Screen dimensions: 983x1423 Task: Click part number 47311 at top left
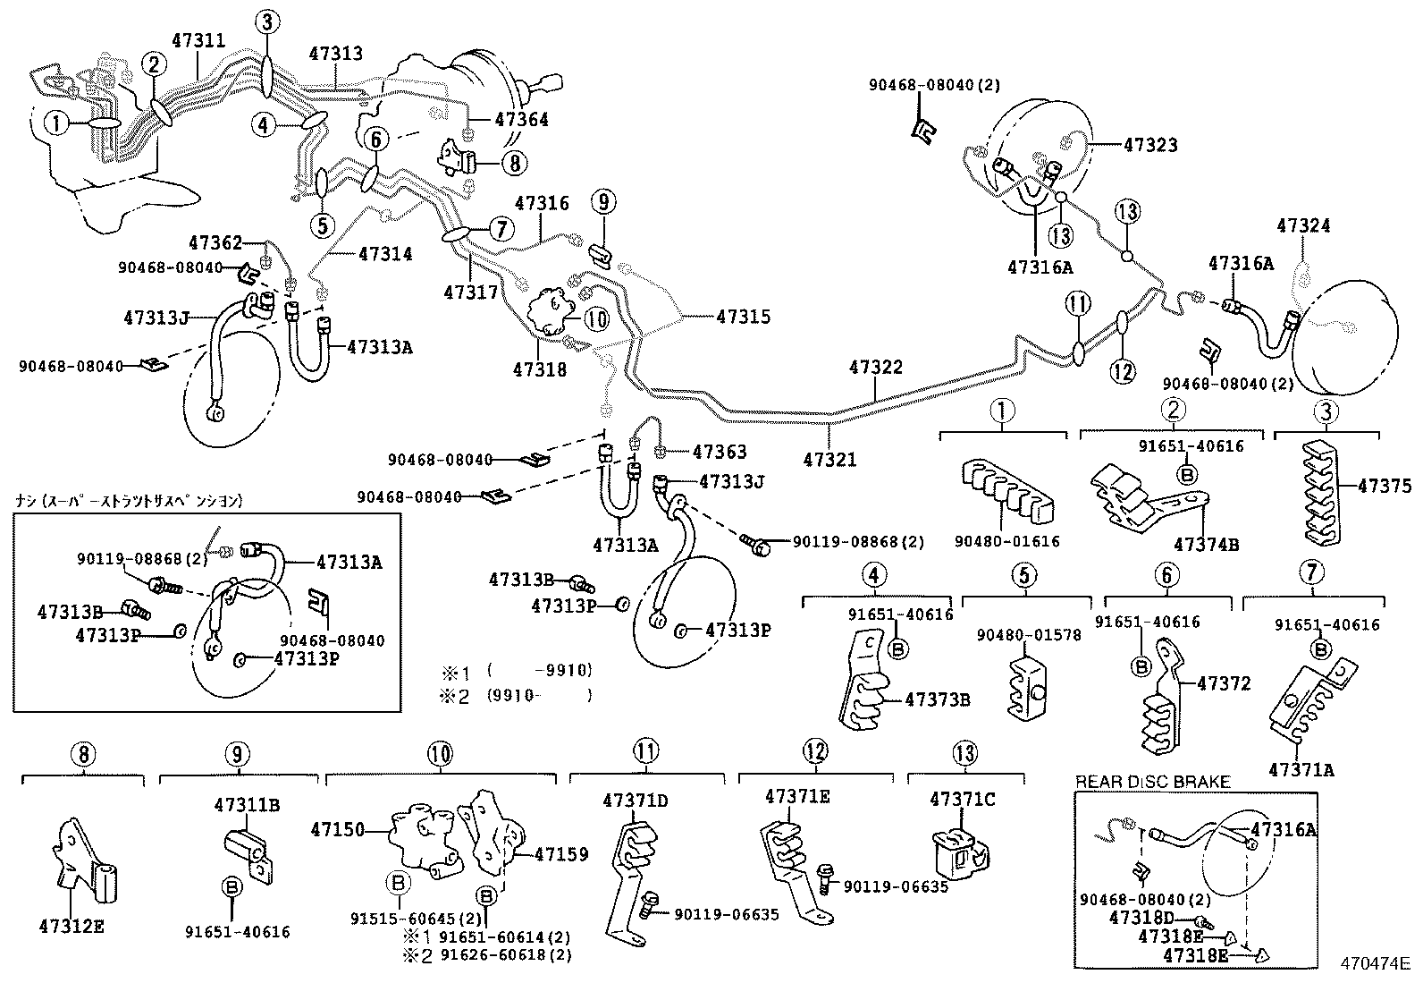[x=198, y=40]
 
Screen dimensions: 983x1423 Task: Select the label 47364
[x=522, y=120]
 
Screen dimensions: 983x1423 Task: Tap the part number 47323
[x=1150, y=144]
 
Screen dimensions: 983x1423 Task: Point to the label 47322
[x=876, y=367]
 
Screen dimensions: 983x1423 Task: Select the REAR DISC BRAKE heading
[x=1152, y=782]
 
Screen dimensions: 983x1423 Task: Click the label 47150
[x=338, y=829]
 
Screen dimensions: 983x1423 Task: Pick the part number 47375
[x=1385, y=486]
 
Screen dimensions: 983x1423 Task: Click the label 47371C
[x=962, y=798]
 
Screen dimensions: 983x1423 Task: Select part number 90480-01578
[x=1028, y=635]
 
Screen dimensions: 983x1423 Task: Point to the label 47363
[x=720, y=453]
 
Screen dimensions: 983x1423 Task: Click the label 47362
[x=215, y=242]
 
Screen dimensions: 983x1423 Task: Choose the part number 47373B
[x=937, y=699]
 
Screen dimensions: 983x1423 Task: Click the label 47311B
[x=247, y=804]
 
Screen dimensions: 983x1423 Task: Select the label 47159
[x=561, y=854]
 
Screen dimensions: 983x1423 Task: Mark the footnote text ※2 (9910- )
[x=515, y=695]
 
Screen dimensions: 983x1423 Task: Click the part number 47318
[x=540, y=369]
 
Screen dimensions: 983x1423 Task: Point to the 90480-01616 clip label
[x=1006, y=541]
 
